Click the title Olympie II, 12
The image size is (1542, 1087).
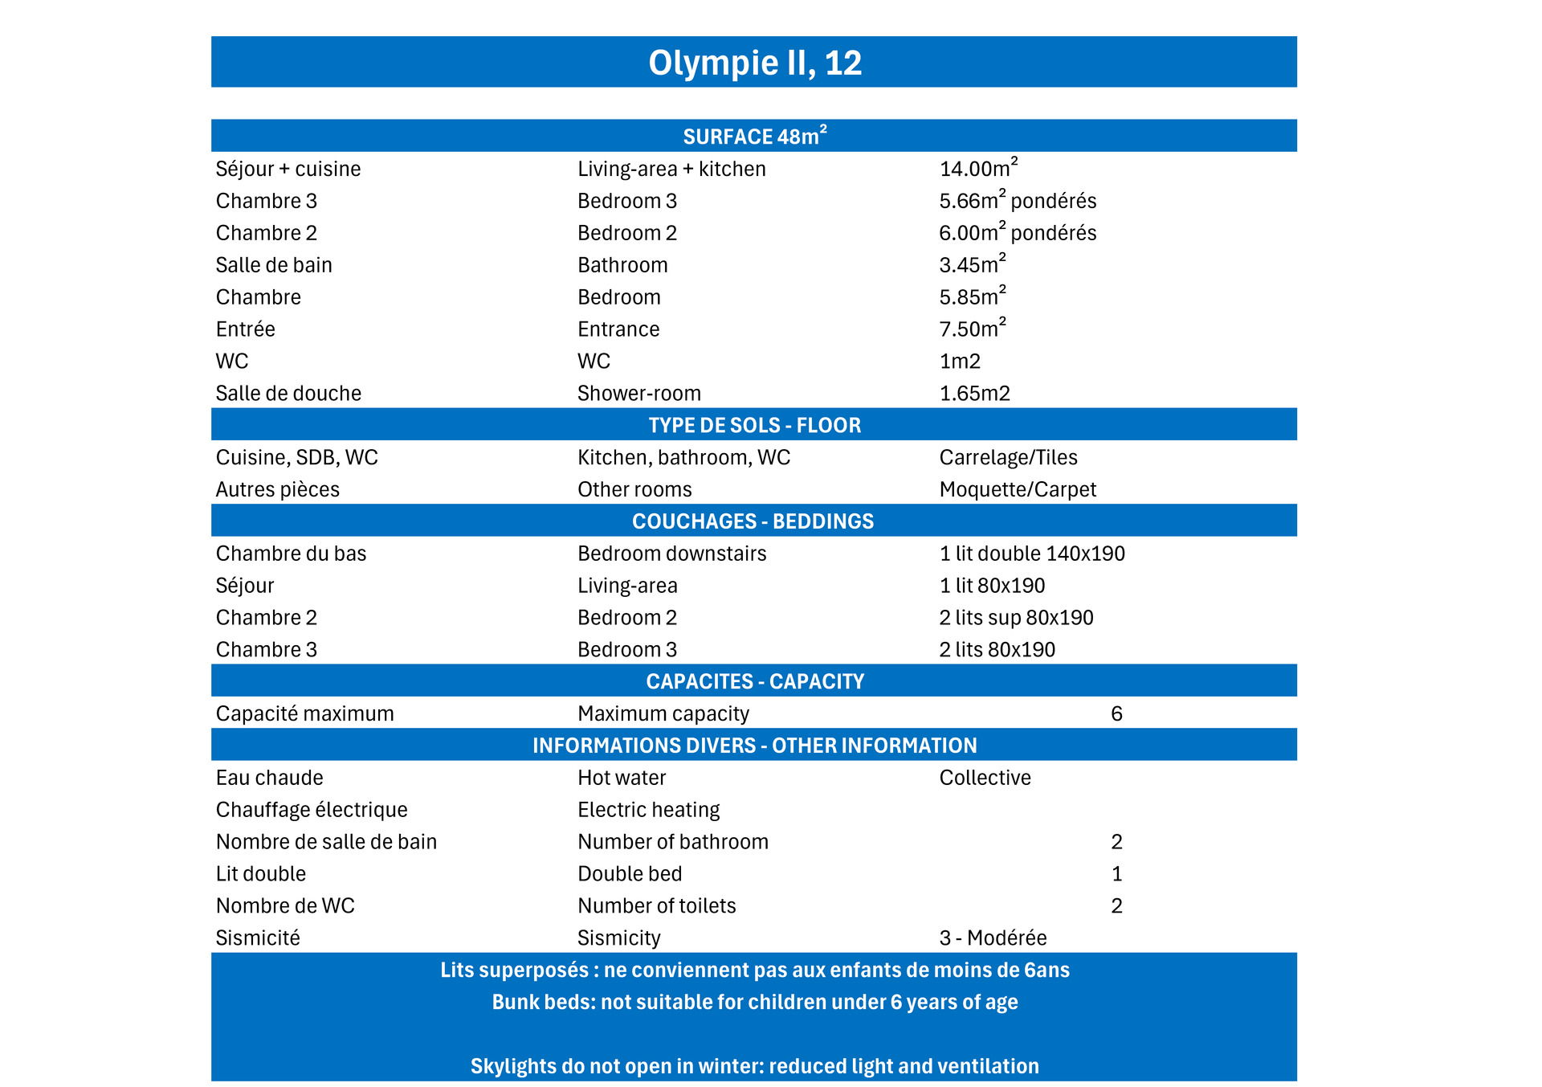[x=754, y=63]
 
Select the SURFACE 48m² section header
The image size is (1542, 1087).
[x=754, y=137]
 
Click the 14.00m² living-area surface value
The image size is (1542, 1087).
[x=978, y=169]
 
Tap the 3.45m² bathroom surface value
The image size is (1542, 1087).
[x=972, y=265]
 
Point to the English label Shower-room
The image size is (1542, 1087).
[x=638, y=394]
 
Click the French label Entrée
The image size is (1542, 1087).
[x=245, y=329]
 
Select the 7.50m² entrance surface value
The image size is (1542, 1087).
[x=972, y=329]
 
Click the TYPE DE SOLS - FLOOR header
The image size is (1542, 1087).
[x=754, y=425]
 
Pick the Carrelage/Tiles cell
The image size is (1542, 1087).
[x=1008, y=457]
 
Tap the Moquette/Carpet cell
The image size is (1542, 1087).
[x=1018, y=489]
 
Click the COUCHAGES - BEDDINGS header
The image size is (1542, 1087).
[x=753, y=521]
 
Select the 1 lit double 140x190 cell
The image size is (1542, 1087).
[x=1032, y=554]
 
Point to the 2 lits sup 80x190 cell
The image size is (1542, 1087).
[x=1016, y=618]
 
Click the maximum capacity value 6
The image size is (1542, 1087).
[x=1116, y=713]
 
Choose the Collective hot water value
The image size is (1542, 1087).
[x=985, y=778]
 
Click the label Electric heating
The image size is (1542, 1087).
[x=648, y=810]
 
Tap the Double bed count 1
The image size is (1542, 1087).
[x=1116, y=874]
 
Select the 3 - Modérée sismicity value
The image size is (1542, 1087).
[x=993, y=938]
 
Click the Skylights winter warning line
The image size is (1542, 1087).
[x=754, y=1066]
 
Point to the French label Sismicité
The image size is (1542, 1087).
[x=258, y=938]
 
